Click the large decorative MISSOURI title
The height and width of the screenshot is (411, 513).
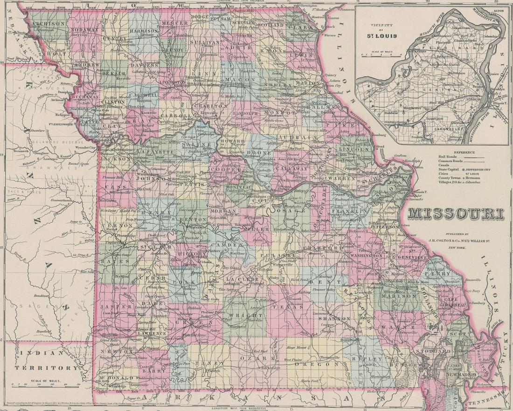456,214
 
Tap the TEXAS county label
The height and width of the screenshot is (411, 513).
281,307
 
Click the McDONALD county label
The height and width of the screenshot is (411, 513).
111,378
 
